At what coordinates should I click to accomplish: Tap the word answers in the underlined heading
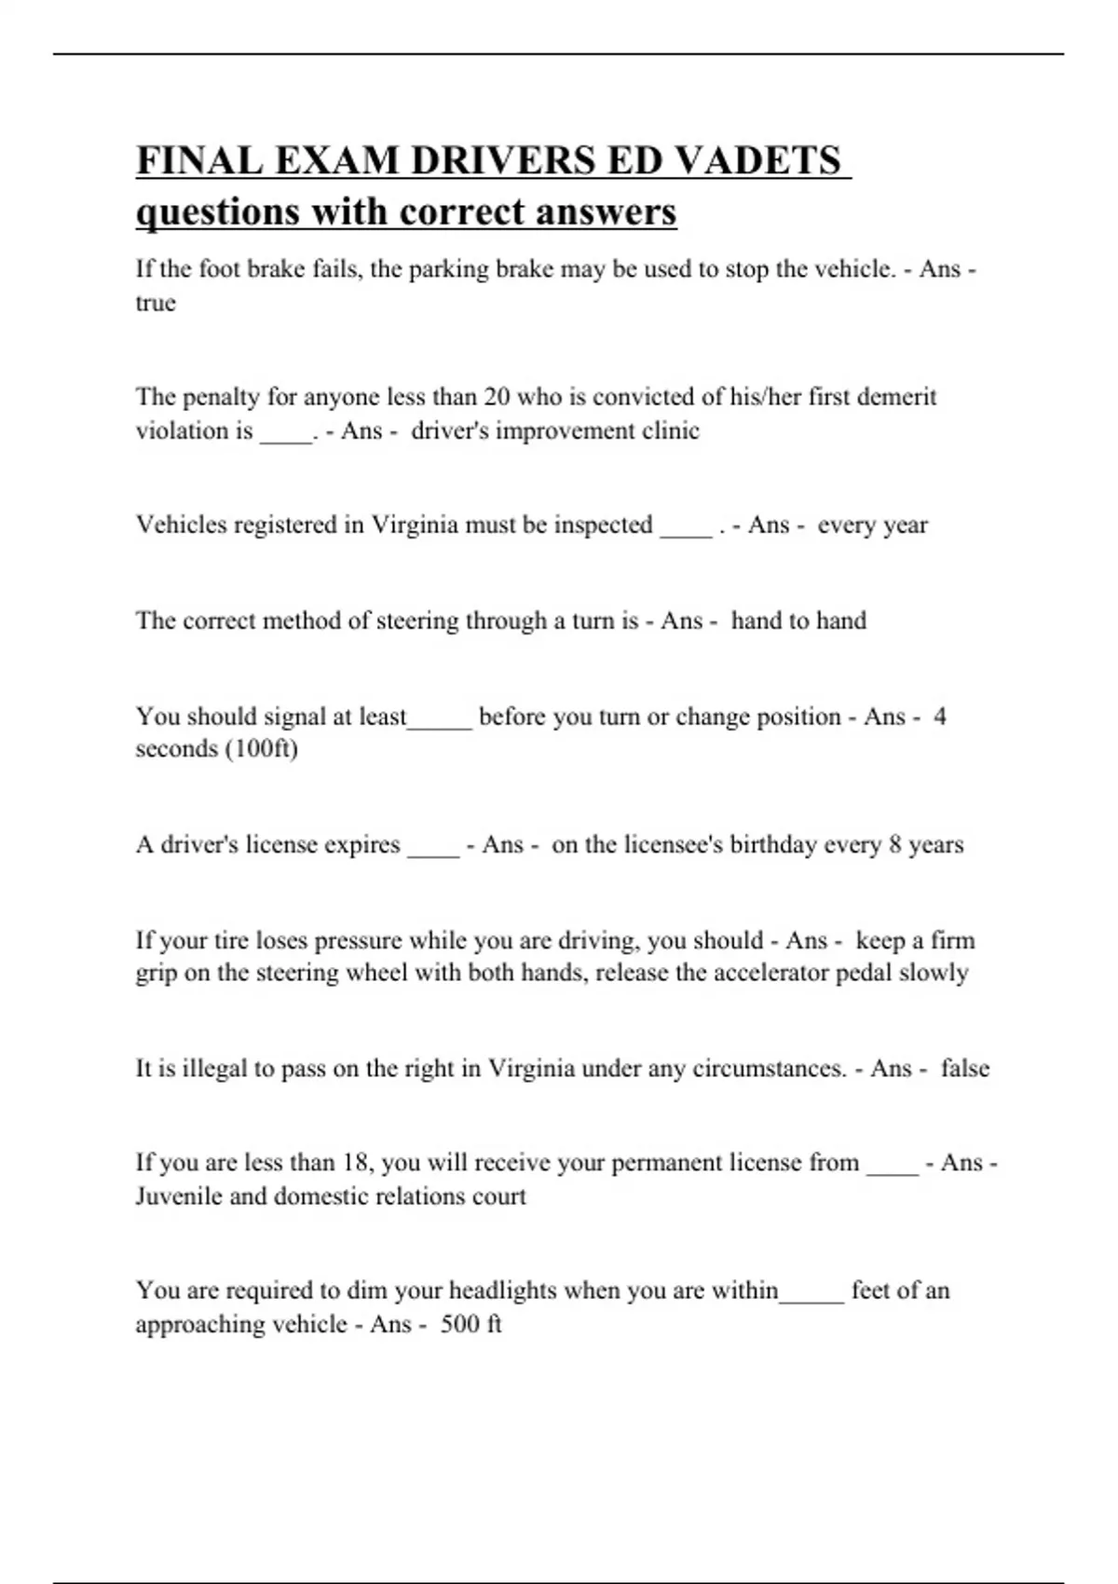pyautogui.click(x=606, y=212)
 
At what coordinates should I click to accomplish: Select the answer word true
pyautogui.click(x=156, y=304)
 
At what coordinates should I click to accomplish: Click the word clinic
pyautogui.click(x=671, y=430)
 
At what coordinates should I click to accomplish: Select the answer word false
pyautogui.click(x=964, y=1068)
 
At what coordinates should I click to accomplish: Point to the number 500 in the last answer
pyautogui.click(x=459, y=1324)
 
